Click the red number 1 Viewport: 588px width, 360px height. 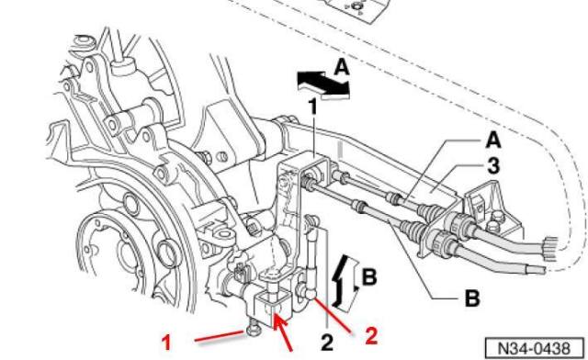pos(166,343)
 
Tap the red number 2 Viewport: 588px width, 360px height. pos(371,336)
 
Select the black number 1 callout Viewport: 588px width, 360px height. pos(312,107)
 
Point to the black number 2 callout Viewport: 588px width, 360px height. pos(327,343)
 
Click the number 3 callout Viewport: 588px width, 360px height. pos(493,166)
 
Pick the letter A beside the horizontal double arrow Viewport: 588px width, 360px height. pos(342,68)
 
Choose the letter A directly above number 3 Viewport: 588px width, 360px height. pos(493,141)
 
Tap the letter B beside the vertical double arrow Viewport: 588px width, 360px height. pos(369,277)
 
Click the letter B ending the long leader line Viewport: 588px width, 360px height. pos(472,298)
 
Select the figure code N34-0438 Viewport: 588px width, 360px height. pos(535,348)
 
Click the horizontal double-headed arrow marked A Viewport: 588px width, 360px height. pos(322,85)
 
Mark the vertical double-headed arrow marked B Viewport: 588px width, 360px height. pos(345,282)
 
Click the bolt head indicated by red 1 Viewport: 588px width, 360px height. pos(252,330)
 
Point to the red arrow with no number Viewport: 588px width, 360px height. pos(283,332)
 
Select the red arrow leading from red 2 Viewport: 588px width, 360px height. pos(333,313)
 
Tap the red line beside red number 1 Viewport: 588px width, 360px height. pos(220,336)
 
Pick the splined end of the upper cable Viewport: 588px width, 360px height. pos(551,248)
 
